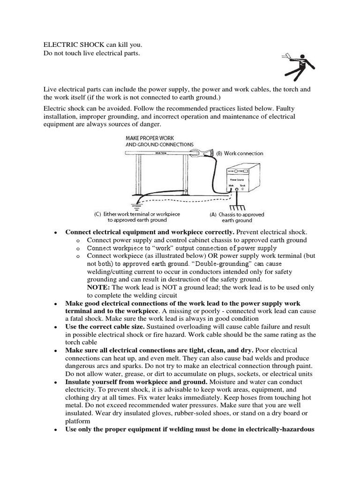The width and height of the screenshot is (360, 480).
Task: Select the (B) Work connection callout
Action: click(x=240, y=153)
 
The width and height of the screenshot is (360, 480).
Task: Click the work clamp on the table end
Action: click(x=205, y=152)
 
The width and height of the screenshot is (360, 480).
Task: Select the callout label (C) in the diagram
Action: click(x=98, y=214)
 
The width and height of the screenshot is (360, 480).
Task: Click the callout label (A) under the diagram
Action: click(x=213, y=214)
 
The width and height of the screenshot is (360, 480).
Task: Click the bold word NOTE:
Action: click(x=97, y=287)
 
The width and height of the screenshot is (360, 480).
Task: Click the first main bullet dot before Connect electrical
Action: click(x=55, y=232)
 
